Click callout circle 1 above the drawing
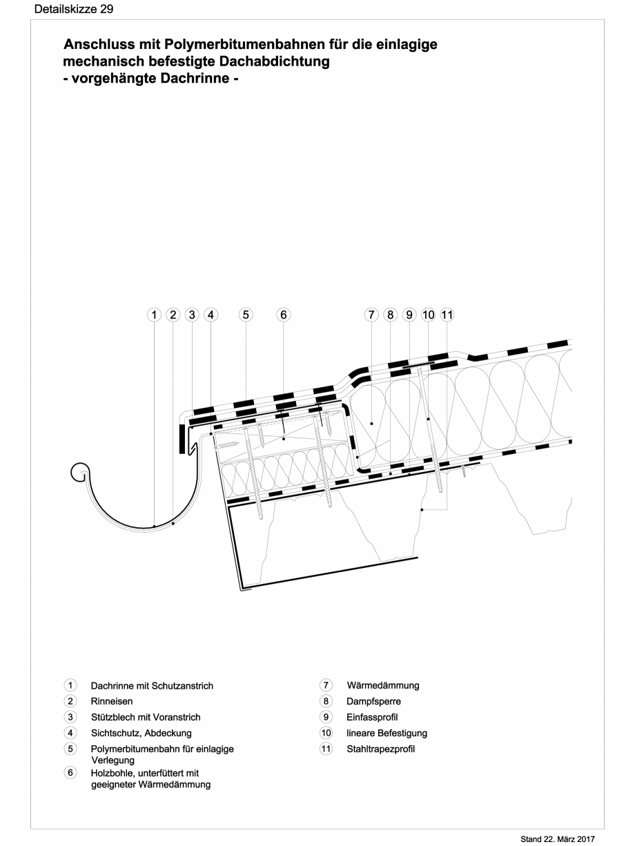(155, 315)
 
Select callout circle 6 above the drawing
(283, 315)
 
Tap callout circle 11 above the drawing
(447, 315)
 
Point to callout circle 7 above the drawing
(371, 315)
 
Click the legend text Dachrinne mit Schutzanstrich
(152, 686)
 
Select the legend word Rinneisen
(112, 701)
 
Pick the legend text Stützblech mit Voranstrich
(146, 717)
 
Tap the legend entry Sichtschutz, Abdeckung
(141, 733)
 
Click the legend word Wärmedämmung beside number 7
(382, 685)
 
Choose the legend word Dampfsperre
(373, 701)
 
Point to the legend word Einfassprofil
(372, 717)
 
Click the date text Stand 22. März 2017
(564, 838)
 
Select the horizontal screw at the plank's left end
(228, 446)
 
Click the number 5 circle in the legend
(70, 749)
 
